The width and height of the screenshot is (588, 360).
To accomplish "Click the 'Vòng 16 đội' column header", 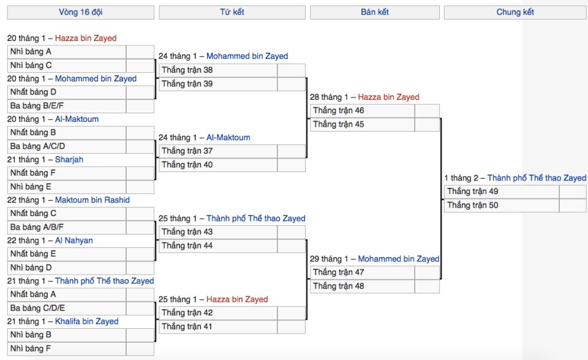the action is coord(81,12).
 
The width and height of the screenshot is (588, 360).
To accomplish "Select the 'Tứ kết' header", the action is coord(232,12).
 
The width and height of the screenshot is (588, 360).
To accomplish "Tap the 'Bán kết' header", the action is coord(375,12).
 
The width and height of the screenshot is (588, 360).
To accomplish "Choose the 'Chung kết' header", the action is coord(515,12).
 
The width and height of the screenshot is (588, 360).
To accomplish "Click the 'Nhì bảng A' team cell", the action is coord(67,52).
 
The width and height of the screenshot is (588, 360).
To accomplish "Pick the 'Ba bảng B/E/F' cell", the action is coord(67,106).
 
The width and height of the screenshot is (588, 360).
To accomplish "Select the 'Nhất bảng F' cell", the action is coord(67,173).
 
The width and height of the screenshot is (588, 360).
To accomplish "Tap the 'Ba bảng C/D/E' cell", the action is coord(67,308).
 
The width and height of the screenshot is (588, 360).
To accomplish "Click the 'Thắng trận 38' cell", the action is coord(218,70).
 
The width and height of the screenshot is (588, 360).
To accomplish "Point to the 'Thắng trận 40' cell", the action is coord(218,165).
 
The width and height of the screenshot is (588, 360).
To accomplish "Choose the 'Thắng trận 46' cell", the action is coord(363,111).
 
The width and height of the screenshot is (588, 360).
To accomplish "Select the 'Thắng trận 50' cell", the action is coord(502,205).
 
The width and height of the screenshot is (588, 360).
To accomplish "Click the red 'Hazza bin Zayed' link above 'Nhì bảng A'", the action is coord(86,38).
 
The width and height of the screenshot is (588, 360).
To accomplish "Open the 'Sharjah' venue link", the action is coord(69,160).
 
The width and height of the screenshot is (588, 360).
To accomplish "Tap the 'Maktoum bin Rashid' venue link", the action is coord(92,200).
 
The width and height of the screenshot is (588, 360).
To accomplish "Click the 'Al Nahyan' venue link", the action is coord(74,241).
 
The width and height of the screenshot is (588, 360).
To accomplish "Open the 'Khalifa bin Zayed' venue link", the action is coord(86,321).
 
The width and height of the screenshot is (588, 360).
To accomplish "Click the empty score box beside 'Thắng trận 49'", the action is coord(573,192).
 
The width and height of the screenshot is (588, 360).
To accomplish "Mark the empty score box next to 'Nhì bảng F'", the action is coord(140,349).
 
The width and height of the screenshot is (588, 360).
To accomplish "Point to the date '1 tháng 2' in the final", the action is coord(461,178).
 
